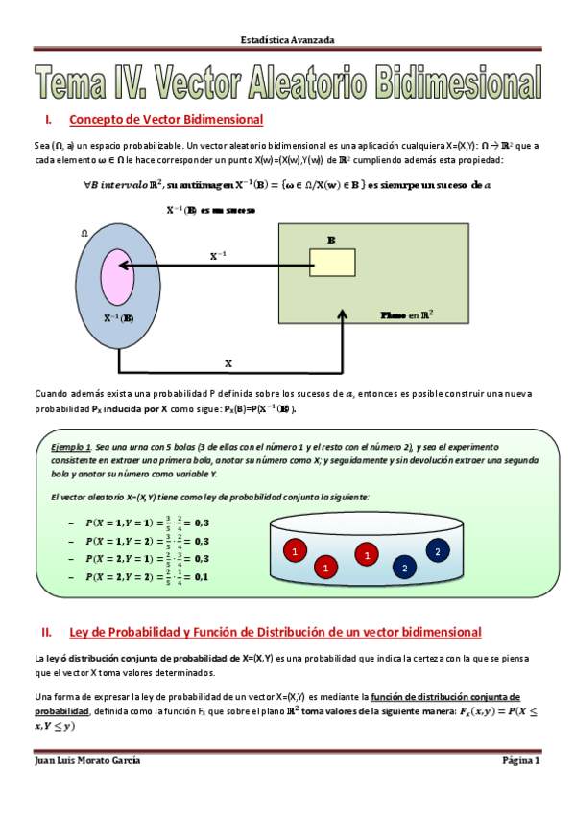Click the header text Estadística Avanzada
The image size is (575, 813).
(x=287, y=40)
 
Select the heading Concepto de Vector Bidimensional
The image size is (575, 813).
(x=166, y=120)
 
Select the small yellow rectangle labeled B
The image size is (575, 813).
(x=332, y=263)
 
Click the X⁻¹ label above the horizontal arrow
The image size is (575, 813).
(x=219, y=256)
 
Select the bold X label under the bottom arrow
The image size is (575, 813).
(x=228, y=363)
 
